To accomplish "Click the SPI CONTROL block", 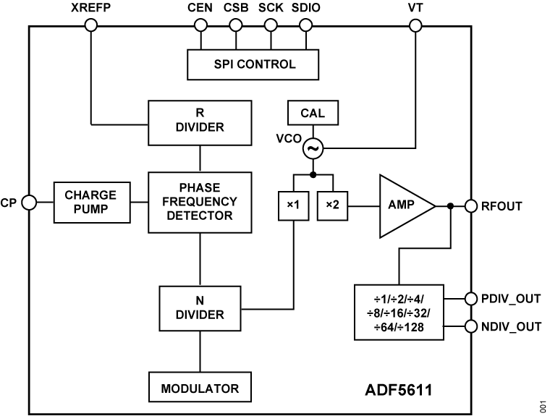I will point(254,64).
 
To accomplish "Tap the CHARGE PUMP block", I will point(90,203).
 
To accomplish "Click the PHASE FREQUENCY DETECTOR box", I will point(200,203).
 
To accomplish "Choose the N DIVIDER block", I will point(200,307).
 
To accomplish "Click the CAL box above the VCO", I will point(312,113).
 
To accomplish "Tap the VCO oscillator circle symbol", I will point(313,149).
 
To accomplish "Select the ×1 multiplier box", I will point(293,205).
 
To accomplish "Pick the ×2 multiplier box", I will point(332,205).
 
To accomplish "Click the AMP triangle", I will point(402,205).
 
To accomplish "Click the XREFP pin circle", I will point(91,25).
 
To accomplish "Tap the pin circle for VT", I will point(415,25).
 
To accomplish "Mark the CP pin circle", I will point(28,203).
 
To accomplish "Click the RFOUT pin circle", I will point(471,205).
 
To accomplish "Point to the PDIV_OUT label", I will point(511,297).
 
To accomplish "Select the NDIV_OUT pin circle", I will point(471,326).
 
